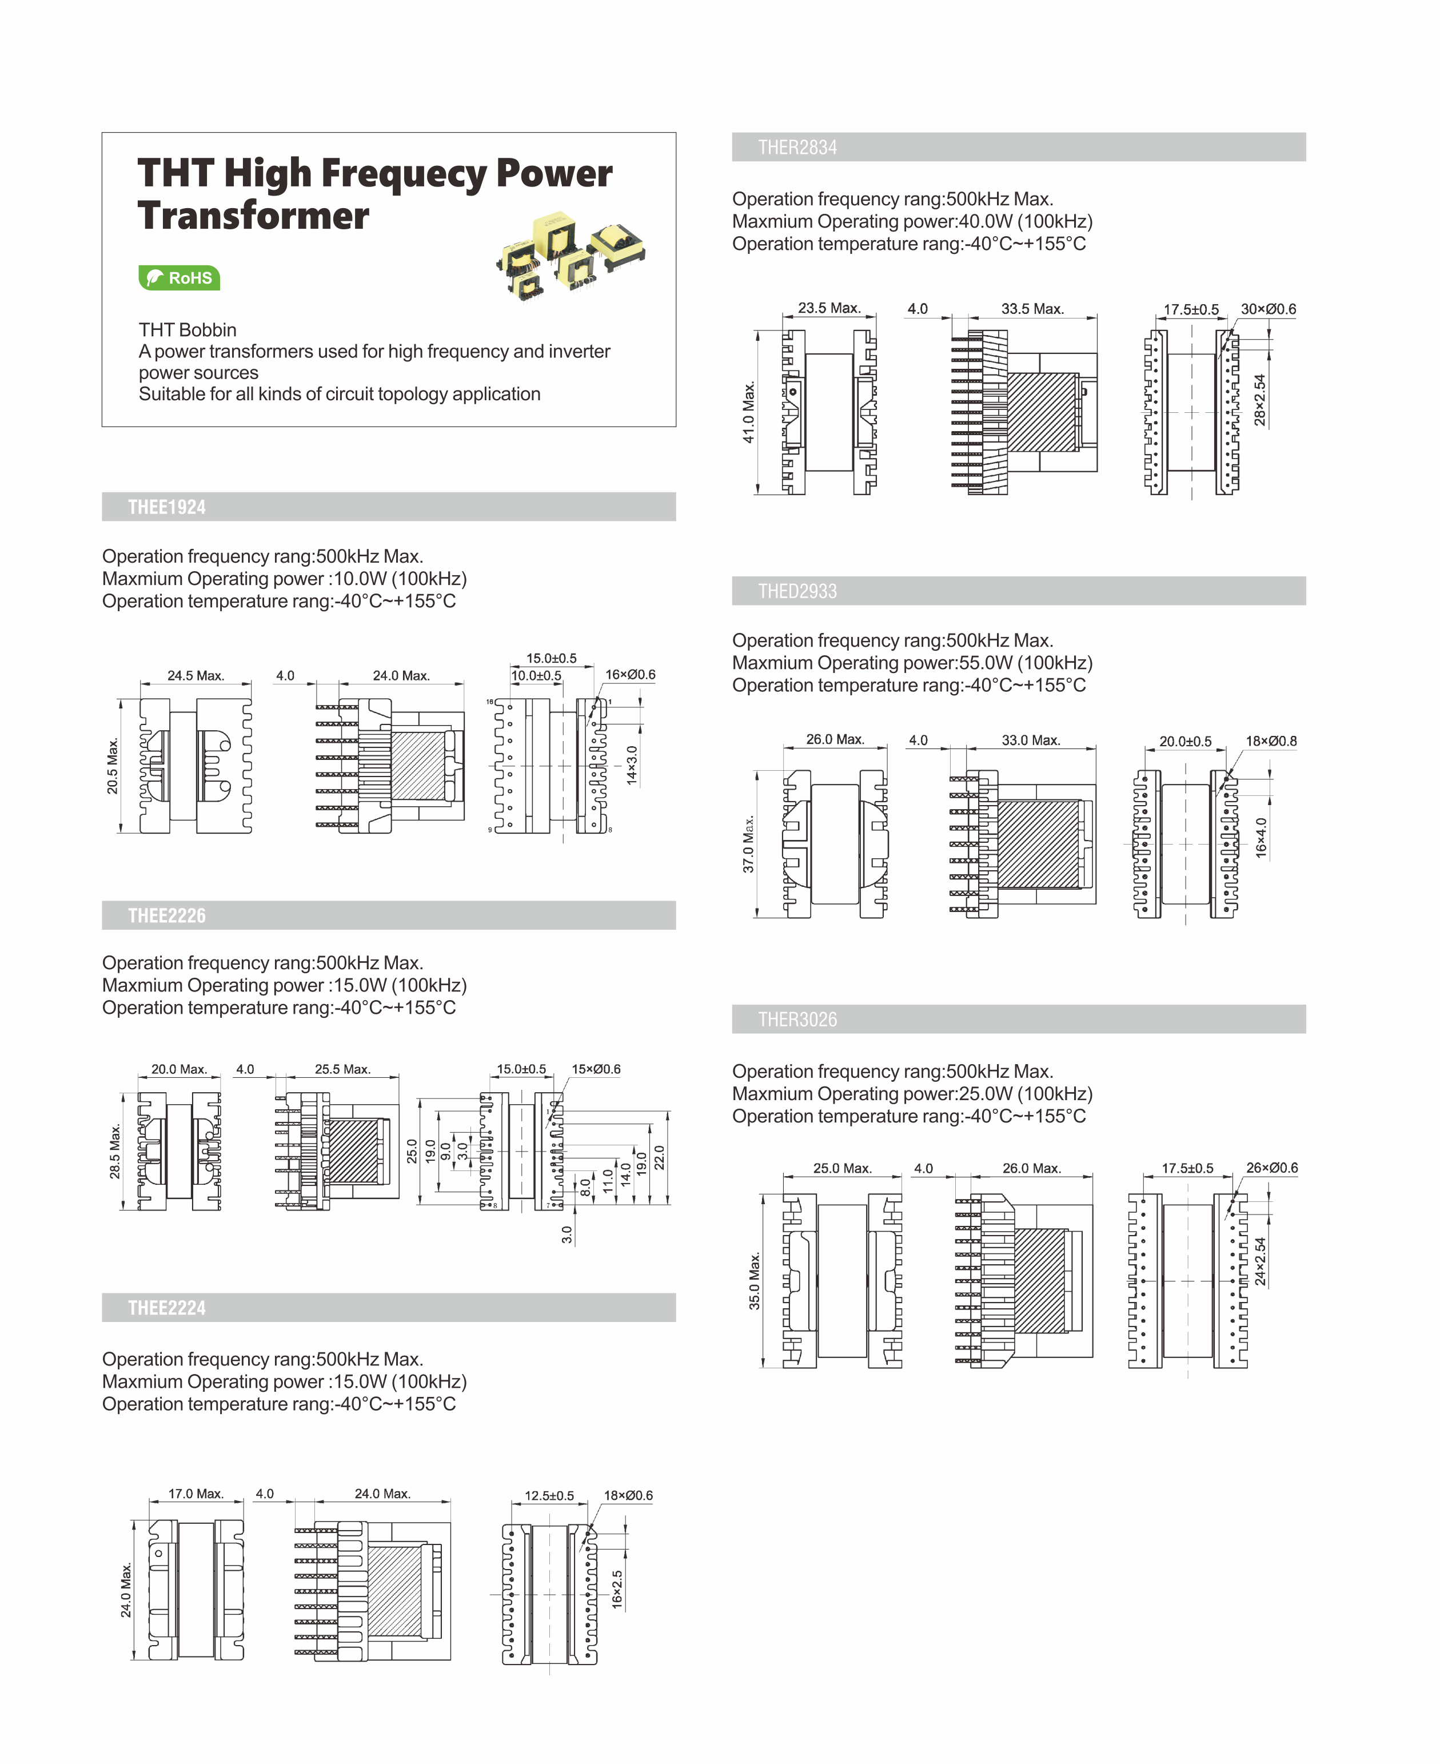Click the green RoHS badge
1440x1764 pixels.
click(179, 278)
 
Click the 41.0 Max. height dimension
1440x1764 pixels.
click(749, 412)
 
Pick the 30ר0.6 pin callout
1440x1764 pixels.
click(1269, 309)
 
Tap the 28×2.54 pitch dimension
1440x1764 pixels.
click(1260, 400)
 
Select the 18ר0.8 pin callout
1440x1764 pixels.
click(1271, 741)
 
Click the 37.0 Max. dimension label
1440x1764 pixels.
click(749, 844)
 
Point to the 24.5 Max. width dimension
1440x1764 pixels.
click(196, 675)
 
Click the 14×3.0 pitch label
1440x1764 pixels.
click(632, 765)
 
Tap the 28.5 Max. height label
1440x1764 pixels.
click(115, 1152)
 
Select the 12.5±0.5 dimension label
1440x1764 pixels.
click(549, 1496)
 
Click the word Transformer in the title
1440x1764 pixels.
click(254, 216)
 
